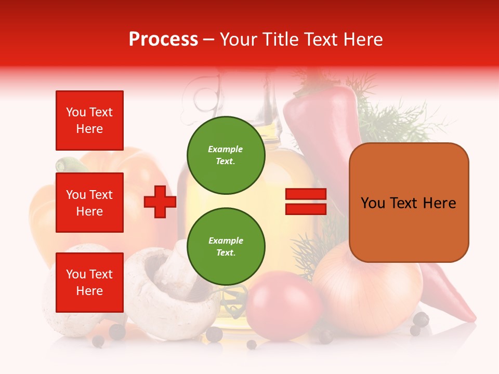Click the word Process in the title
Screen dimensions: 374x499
pyautogui.click(x=163, y=39)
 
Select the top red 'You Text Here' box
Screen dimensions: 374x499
pyautogui.click(x=89, y=121)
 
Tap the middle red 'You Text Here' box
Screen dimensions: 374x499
pyautogui.click(x=89, y=203)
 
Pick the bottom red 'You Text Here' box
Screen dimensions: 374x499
pyautogui.click(x=89, y=283)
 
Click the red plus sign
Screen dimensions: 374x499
pyautogui.click(x=160, y=202)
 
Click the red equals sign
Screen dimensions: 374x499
pyautogui.click(x=306, y=202)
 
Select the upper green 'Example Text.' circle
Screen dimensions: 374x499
pyautogui.click(x=226, y=155)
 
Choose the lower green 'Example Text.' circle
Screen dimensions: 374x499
pyautogui.click(x=226, y=246)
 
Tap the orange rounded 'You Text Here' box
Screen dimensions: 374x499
pyautogui.click(x=409, y=203)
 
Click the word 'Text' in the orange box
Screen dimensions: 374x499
pyautogui.click(x=408, y=203)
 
